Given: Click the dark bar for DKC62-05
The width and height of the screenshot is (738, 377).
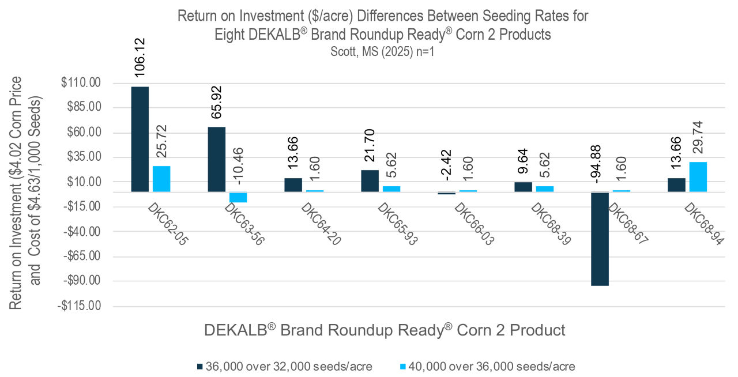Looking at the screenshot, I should (x=140, y=139).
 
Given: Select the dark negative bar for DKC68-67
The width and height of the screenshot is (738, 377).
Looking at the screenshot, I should (x=600, y=239).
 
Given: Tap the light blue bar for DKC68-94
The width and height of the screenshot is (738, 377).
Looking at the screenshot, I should (x=698, y=177).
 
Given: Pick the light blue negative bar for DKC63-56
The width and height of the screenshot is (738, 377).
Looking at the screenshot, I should (x=238, y=197).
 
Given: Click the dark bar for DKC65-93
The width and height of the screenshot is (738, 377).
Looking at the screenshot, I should (x=370, y=181).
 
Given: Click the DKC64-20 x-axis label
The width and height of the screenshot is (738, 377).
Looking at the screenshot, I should (x=320, y=224).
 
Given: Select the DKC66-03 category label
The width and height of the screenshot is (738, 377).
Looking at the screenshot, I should (x=473, y=224).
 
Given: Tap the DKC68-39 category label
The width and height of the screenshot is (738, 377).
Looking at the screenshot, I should (x=550, y=224).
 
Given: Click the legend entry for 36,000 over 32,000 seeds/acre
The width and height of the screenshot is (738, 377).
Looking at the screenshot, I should (x=285, y=366).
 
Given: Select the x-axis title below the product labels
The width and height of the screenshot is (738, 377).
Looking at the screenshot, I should (x=385, y=330).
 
